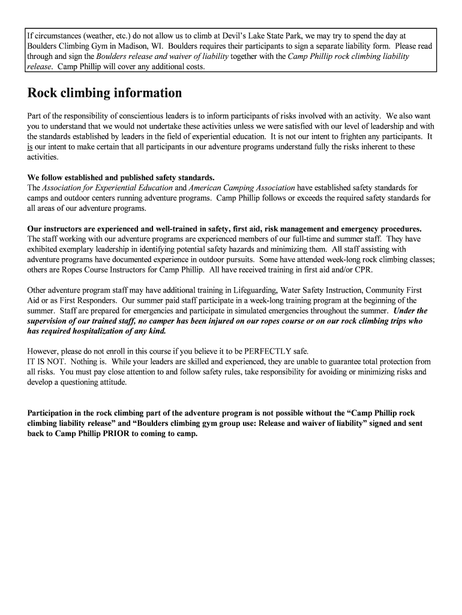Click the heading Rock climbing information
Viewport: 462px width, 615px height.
point(104,93)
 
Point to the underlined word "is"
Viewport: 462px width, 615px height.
point(31,147)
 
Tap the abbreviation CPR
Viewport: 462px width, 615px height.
point(363,270)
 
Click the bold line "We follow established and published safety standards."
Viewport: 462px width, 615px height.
point(121,177)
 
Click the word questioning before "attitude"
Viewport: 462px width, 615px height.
point(82,382)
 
